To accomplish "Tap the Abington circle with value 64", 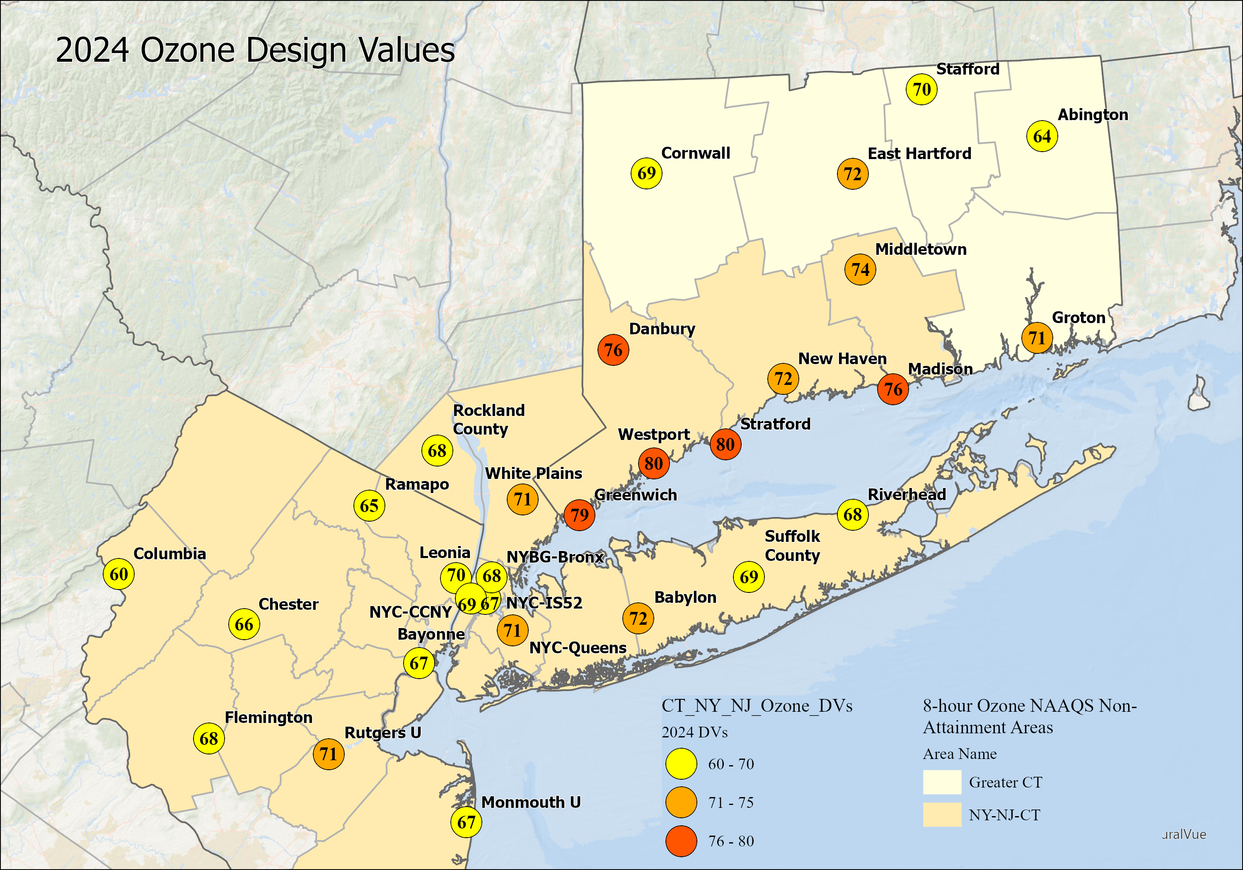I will point(1042,136).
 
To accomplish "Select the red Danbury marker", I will point(613,350).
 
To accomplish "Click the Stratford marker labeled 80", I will point(725,444).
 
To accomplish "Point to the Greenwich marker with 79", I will point(579,515).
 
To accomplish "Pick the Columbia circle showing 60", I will point(118,574).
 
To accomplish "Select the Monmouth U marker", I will point(466,822).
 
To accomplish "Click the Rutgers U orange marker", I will point(328,754).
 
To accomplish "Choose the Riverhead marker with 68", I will point(852,514).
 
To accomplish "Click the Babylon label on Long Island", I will point(685,597).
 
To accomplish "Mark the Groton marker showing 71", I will point(1037,338).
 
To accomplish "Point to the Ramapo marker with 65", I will point(369,506).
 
